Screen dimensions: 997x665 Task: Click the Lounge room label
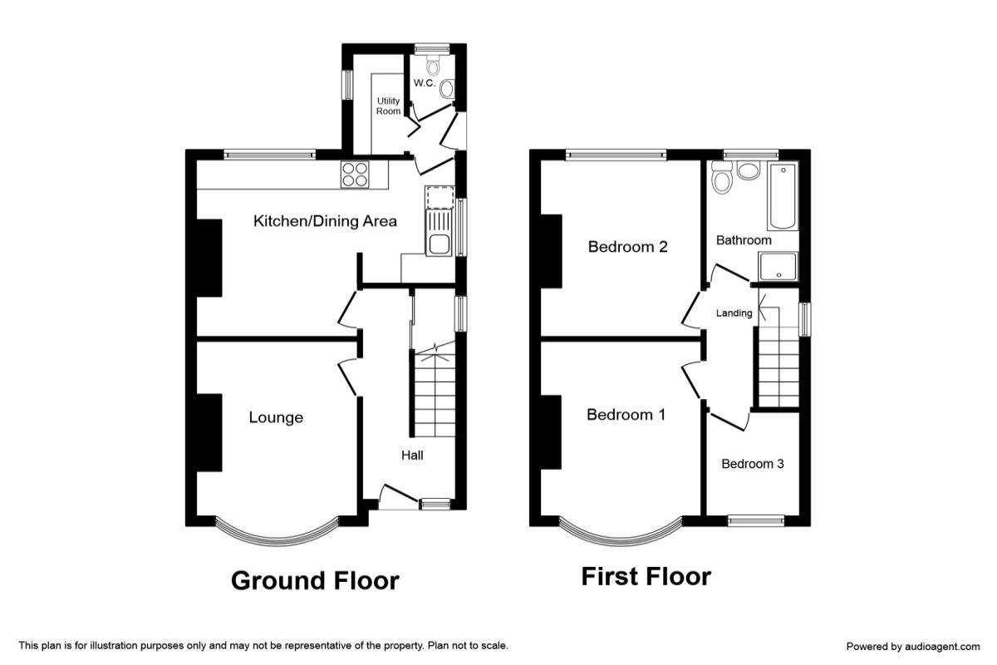(276, 417)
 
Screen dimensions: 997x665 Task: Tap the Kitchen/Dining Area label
(325, 221)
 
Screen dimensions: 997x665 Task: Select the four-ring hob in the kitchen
(356, 175)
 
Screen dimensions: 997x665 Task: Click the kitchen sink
(439, 234)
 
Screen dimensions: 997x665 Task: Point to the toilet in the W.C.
(433, 65)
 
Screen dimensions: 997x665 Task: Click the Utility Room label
(388, 106)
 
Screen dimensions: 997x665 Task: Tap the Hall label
(412, 456)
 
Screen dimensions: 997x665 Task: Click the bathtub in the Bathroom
(783, 196)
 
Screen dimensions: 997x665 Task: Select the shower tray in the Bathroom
(778, 267)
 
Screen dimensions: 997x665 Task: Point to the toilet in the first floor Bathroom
(721, 178)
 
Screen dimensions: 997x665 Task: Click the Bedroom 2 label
(627, 247)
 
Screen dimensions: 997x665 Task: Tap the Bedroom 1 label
(626, 415)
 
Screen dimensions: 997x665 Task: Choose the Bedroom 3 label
(752, 464)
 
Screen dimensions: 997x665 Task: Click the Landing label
(734, 313)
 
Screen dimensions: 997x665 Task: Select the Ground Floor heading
(315, 581)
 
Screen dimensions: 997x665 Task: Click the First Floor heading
(646, 576)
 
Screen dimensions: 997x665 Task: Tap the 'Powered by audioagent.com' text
(913, 646)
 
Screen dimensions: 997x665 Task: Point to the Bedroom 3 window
(756, 520)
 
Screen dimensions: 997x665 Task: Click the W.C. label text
(425, 83)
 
